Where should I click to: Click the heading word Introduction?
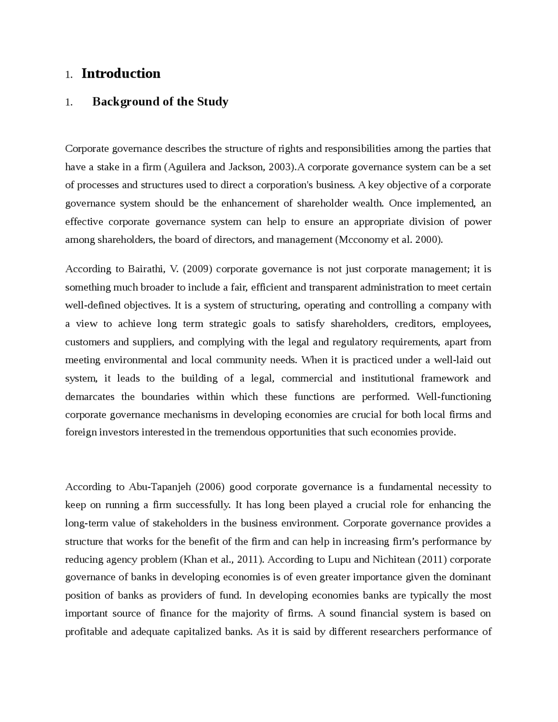coord(121,73)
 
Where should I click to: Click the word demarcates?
coord(90,397)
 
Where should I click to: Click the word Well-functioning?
coord(453,397)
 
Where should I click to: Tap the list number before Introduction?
coord(68,75)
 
